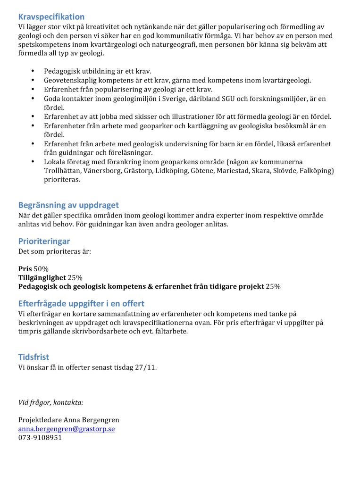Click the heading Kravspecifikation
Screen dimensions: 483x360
point(51,17)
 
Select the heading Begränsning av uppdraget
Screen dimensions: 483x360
point(68,205)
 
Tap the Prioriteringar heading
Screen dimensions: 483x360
point(44,241)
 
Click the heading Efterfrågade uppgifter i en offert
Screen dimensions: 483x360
point(81,303)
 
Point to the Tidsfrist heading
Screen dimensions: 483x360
point(33,357)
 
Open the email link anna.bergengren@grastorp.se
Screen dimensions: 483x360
point(67,429)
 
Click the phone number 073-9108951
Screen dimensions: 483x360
point(40,438)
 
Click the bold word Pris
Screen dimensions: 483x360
point(25,269)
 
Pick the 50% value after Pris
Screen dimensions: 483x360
point(41,269)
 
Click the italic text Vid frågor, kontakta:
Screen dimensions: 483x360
point(51,402)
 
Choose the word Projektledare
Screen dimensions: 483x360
point(40,420)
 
